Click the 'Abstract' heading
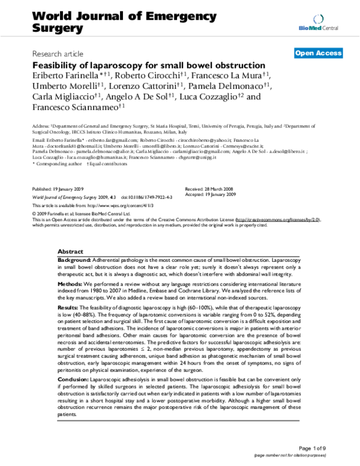point(70,251)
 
